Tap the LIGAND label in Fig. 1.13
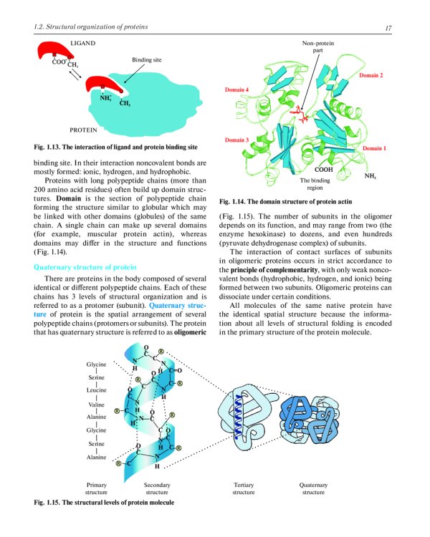84,44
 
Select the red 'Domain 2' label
371,75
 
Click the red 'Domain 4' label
237,90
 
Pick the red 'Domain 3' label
237,140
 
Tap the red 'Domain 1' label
374,148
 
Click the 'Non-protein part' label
317,48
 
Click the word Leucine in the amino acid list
96,390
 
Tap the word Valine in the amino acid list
97,403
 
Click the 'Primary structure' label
96,488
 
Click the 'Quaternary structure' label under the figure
313,488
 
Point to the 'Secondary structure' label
156,488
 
